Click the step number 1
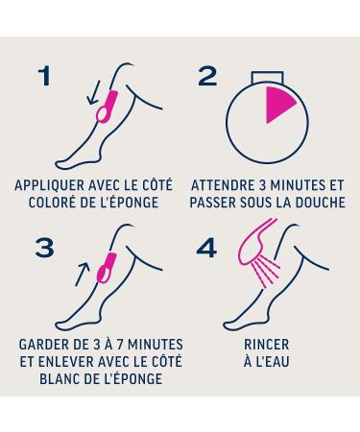coord(45,76)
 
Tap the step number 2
coord(207,77)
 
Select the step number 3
coord(44,248)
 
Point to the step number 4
coord(206,248)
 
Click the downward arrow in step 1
coord(94,93)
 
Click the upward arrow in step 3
coord(82,275)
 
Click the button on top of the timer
coord(267,78)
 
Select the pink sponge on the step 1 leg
coord(107,107)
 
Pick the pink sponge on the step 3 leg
coord(107,268)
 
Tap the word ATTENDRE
coord(219,185)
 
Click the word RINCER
coord(267,345)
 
